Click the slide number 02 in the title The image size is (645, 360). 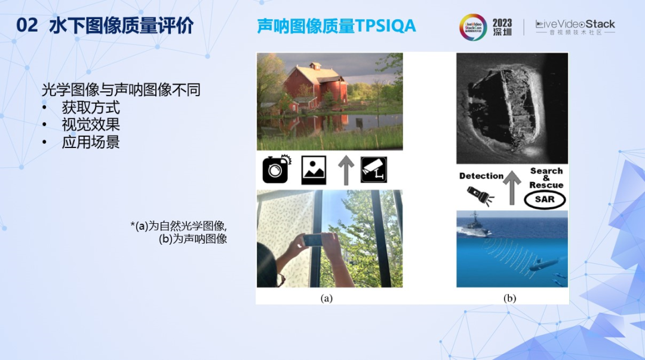click(x=27, y=26)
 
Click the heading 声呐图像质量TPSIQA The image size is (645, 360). click(x=336, y=26)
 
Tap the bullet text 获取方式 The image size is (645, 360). click(x=91, y=107)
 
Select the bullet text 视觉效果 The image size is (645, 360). click(x=91, y=125)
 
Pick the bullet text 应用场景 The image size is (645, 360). click(x=91, y=142)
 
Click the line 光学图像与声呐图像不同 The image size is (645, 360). click(x=121, y=90)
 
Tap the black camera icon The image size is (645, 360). click(x=276, y=170)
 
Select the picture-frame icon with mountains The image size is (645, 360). click(x=314, y=170)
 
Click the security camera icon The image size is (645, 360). click(x=374, y=170)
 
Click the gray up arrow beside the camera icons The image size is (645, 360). click(x=346, y=170)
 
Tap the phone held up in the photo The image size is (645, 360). click(x=314, y=240)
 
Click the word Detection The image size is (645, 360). click(x=481, y=176)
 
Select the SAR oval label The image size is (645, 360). click(x=545, y=199)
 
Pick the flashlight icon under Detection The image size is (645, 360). click(x=480, y=195)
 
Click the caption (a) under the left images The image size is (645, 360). click(x=326, y=298)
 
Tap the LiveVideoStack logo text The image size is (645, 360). click(x=575, y=24)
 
